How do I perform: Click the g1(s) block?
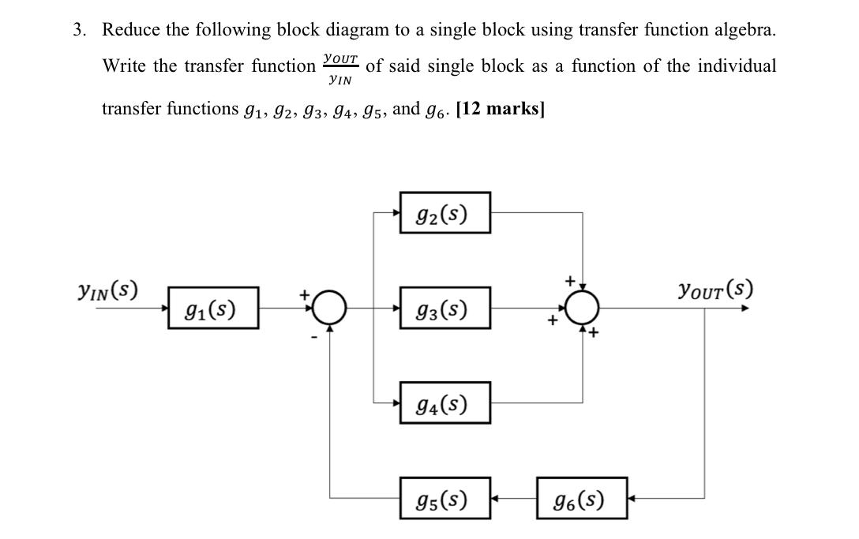pos(212,308)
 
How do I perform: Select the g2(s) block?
pos(445,213)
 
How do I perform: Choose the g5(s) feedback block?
pos(445,499)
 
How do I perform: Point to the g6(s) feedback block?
pos(582,499)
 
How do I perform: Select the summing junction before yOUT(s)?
pos(583,309)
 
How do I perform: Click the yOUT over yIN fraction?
pos(340,69)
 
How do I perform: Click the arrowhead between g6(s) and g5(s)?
pos(496,499)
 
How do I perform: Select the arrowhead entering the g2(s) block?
pos(396,213)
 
